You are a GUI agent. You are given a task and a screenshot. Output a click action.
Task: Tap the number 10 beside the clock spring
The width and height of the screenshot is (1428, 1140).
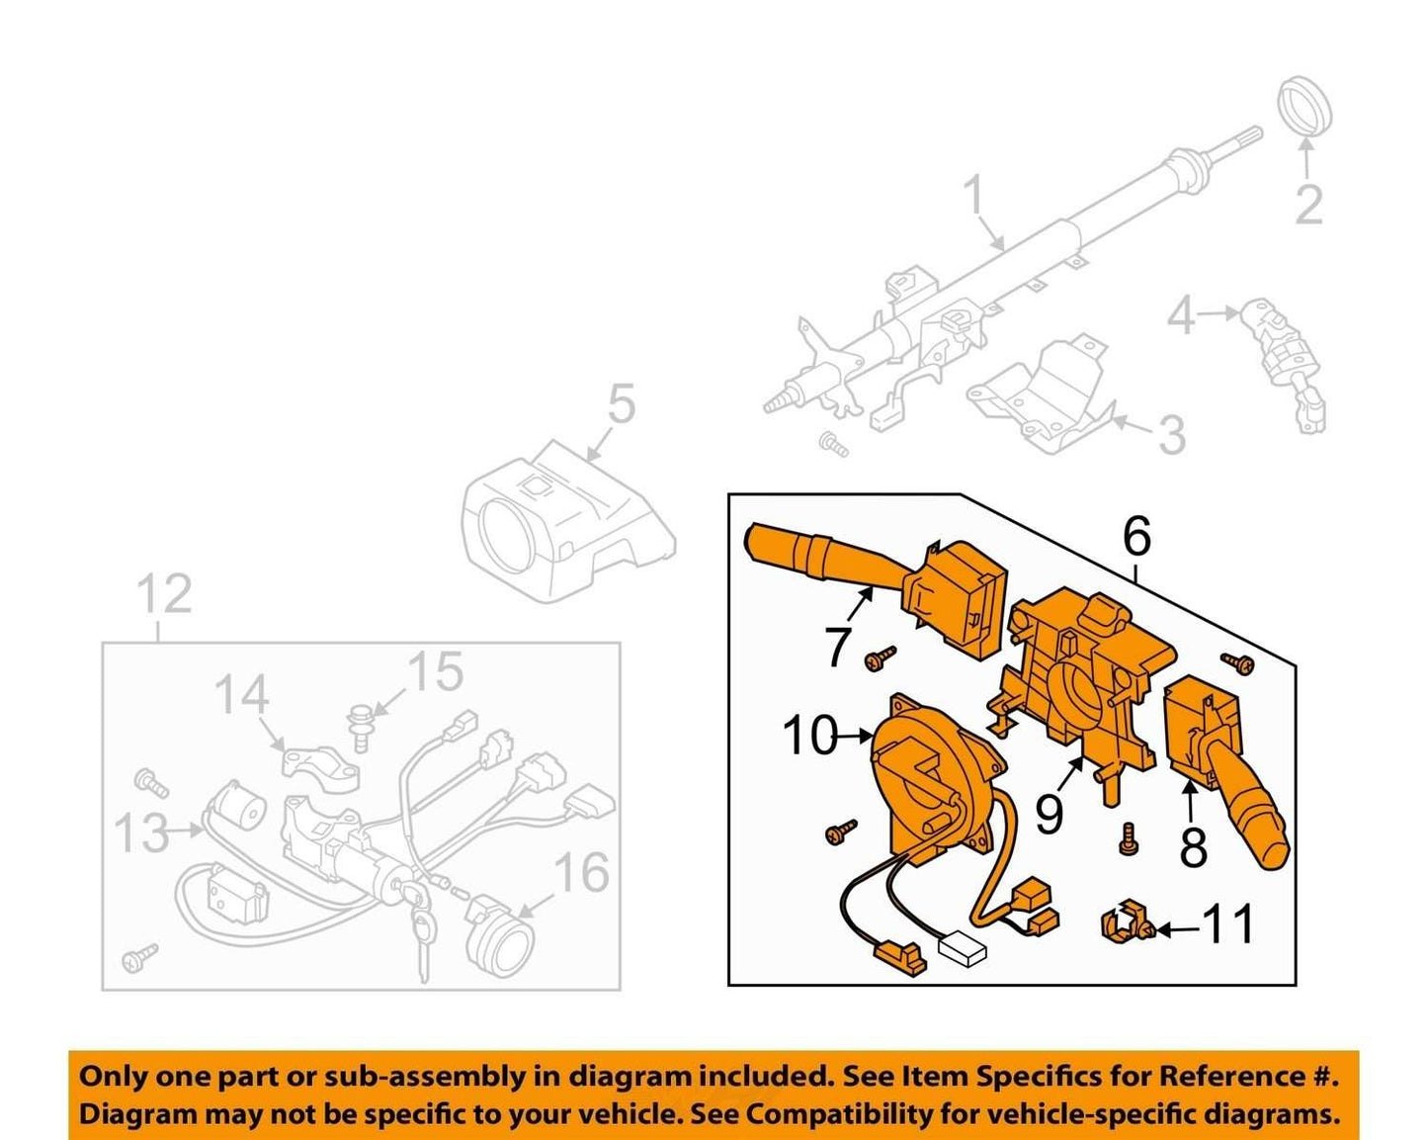[x=809, y=735]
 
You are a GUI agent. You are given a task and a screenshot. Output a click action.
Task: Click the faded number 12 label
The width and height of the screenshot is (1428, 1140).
[x=165, y=594]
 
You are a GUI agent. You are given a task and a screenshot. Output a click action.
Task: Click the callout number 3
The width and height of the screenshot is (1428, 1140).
[x=1171, y=435]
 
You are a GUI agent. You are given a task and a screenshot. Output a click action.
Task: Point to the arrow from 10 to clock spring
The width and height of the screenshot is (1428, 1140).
[x=855, y=735]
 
